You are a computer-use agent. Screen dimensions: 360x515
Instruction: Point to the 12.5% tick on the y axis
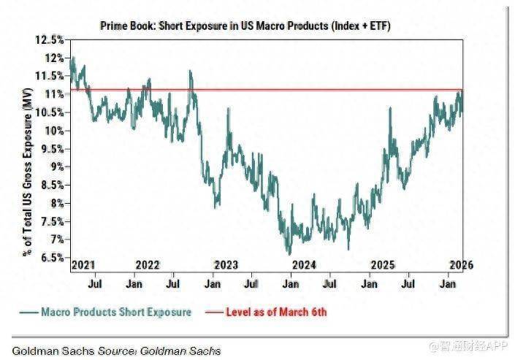tap(52, 39)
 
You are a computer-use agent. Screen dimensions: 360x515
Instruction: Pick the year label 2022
tap(148, 264)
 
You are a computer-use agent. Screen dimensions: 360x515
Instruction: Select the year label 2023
tap(226, 264)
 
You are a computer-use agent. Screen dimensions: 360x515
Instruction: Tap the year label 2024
tap(304, 264)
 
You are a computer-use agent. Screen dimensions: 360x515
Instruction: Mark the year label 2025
tap(382, 264)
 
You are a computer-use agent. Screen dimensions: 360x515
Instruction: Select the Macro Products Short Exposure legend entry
tap(106, 312)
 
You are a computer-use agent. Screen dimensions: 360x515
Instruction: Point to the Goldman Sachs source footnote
tap(115, 351)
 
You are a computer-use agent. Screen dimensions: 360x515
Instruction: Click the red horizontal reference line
tap(292, 90)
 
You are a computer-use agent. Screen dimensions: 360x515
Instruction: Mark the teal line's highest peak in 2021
tap(72, 56)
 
